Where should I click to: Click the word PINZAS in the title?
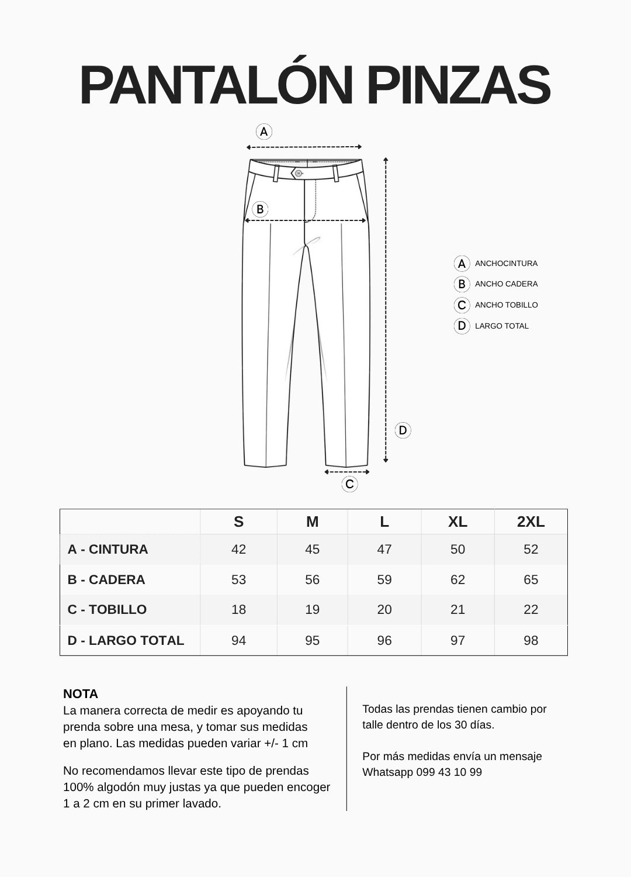click(x=459, y=85)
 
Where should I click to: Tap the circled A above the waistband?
click(x=264, y=132)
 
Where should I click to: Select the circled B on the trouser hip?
click(x=260, y=209)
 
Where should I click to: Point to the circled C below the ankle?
click(x=349, y=484)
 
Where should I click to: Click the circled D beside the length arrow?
click(x=403, y=431)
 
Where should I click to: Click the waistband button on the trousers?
click(x=298, y=173)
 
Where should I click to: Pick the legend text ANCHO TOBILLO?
click(x=506, y=305)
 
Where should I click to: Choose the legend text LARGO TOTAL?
click(x=501, y=326)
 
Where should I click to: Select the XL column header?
click(x=457, y=522)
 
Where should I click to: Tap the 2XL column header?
click(x=531, y=522)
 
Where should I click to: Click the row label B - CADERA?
click(x=106, y=579)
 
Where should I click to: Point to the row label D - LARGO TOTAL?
click(x=126, y=640)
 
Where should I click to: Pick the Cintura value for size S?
click(x=238, y=550)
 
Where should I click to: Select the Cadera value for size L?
click(x=384, y=579)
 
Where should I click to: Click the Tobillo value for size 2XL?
click(x=531, y=610)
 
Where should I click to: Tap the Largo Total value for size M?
click(x=312, y=640)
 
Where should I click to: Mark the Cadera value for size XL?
click(x=457, y=579)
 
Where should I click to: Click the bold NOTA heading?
click(x=81, y=694)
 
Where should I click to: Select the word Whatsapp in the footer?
click(x=387, y=772)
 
